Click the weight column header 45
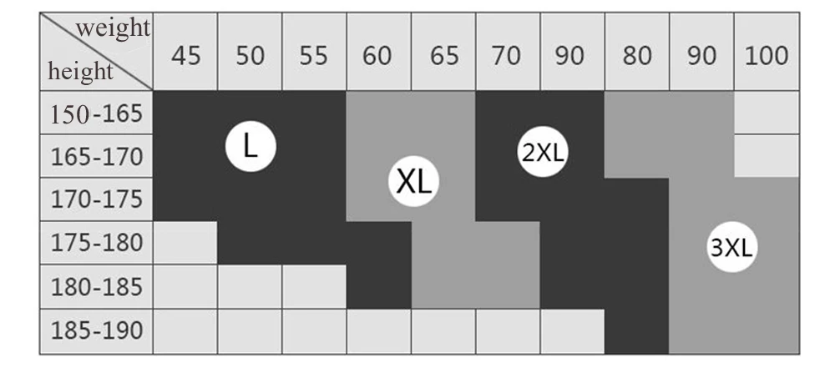185,56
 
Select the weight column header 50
250,56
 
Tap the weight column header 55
314,56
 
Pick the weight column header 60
378,56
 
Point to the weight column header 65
443,56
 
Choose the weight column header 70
508,56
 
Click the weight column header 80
637,56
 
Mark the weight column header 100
767,56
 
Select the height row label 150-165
97,113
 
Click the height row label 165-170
97,156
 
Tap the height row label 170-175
97,199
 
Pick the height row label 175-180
97,244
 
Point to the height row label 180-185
97,287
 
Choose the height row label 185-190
97,331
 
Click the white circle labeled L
250,147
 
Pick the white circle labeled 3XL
732,248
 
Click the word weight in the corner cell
114,29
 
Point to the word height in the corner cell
80,72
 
